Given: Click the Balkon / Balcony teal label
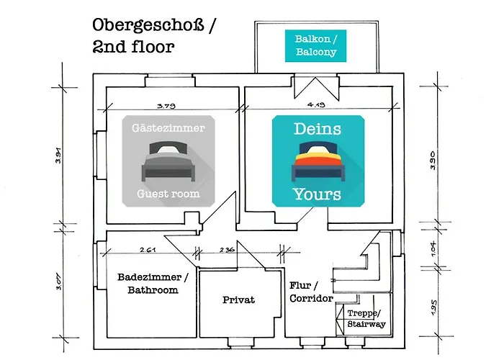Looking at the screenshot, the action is [x=315, y=45].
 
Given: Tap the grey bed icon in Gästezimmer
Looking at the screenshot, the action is [x=168, y=161].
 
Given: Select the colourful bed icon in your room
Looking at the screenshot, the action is [x=318, y=161].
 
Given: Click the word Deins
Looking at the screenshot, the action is [x=318, y=129].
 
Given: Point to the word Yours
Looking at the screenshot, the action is [x=317, y=194].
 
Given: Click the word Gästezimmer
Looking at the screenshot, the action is [x=168, y=128].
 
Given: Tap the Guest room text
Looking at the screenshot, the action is [x=168, y=194].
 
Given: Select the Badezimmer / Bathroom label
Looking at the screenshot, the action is [x=153, y=284].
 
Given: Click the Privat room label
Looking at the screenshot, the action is [x=238, y=300].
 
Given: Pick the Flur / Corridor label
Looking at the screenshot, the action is [x=311, y=292].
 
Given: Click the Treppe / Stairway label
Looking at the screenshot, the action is [x=366, y=318].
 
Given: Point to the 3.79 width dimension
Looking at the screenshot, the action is [x=166, y=106].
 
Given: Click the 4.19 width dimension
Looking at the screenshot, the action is [x=316, y=104].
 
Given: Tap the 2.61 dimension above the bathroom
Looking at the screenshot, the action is [x=148, y=249].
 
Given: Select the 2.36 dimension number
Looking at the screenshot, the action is [x=227, y=249].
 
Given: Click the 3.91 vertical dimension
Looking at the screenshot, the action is [x=58, y=156].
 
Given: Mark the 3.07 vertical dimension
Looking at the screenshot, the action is [x=59, y=282].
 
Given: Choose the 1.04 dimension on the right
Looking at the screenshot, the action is [x=433, y=248].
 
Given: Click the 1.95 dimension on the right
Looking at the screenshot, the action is [x=433, y=307].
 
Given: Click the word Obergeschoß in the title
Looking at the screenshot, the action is [x=148, y=26].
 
